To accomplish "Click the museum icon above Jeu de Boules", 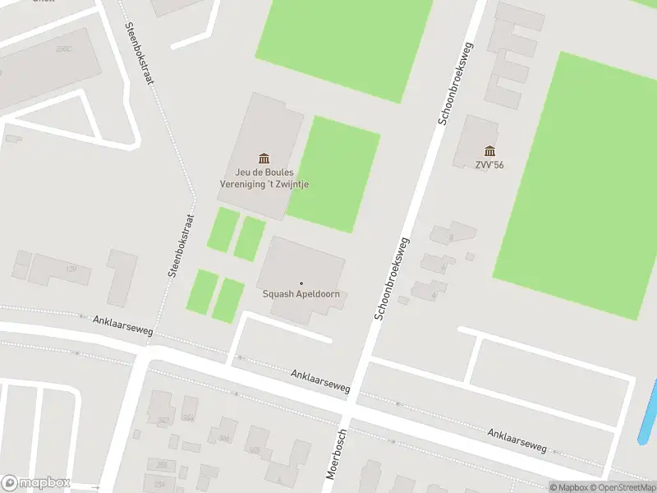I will click(264, 158).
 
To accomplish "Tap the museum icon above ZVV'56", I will click(489, 150).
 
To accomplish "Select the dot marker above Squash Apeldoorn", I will click(301, 283).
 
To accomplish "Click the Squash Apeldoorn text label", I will click(301, 295).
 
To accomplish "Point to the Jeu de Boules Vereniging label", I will click(264, 178).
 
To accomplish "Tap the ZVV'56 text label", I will click(489, 164).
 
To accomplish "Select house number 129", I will click(71, 269).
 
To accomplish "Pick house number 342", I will click(163, 420).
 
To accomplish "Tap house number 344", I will click(188, 417).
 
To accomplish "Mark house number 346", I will click(223, 438).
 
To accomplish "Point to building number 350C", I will click(63, 48).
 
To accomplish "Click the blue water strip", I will click(649, 411).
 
